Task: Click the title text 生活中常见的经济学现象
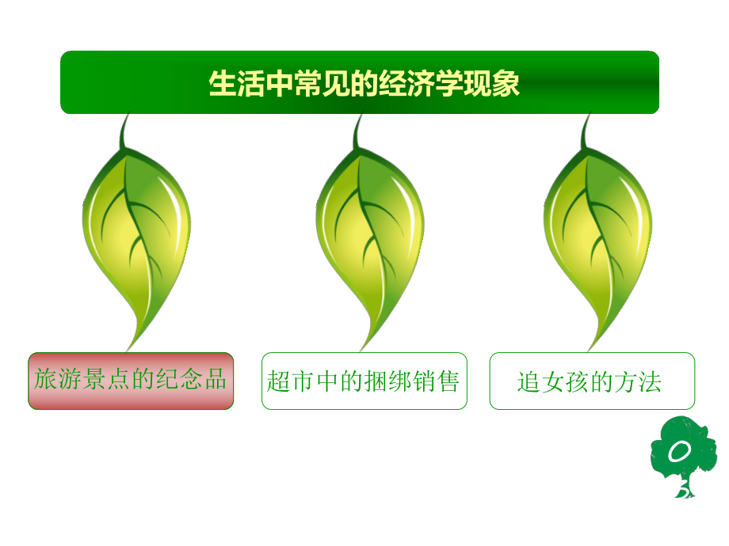pyautogui.click(x=364, y=83)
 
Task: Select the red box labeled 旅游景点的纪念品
pyautogui.click(x=131, y=381)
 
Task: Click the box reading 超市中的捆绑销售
pyautogui.click(x=364, y=381)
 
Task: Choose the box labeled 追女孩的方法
pyautogui.click(x=591, y=381)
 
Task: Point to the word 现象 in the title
pyautogui.click(x=499, y=83)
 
